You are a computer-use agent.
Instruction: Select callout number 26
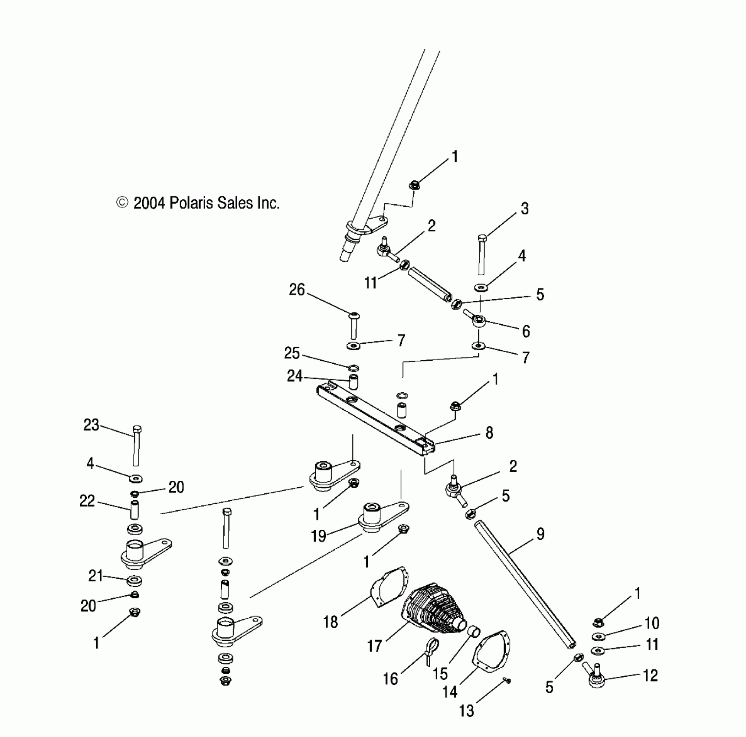click(x=297, y=290)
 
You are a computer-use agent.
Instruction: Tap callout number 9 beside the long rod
click(x=540, y=534)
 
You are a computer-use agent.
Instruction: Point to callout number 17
click(x=374, y=646)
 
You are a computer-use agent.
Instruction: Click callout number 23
click(x=91, y=425)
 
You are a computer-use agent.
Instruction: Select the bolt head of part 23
click(x=137, y=430)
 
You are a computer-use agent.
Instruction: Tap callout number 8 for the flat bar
click(x=489, y=433)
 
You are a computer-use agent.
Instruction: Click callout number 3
click(x=525, y=209)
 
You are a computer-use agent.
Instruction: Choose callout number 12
click(x=650, y=675)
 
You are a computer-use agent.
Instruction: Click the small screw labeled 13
click(x=508, y=681)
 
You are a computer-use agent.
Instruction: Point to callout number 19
click(x=319, y=536)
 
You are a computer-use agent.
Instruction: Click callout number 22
click(x=87, y=501)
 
